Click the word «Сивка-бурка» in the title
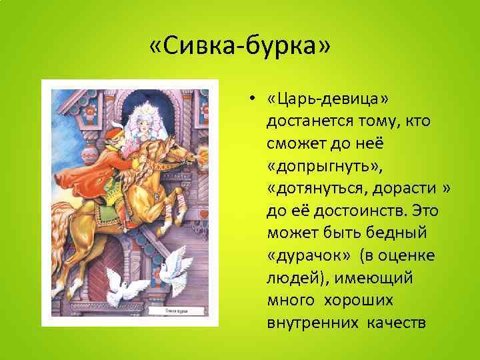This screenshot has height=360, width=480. [240, 46]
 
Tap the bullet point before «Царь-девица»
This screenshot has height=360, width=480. [251, 99]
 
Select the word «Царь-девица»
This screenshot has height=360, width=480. [328, 99]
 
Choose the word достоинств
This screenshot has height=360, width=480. [361, 211]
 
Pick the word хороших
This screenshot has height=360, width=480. [359, 301]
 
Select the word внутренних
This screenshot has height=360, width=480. [313, 323]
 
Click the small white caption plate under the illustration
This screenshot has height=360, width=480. [176, 311]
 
